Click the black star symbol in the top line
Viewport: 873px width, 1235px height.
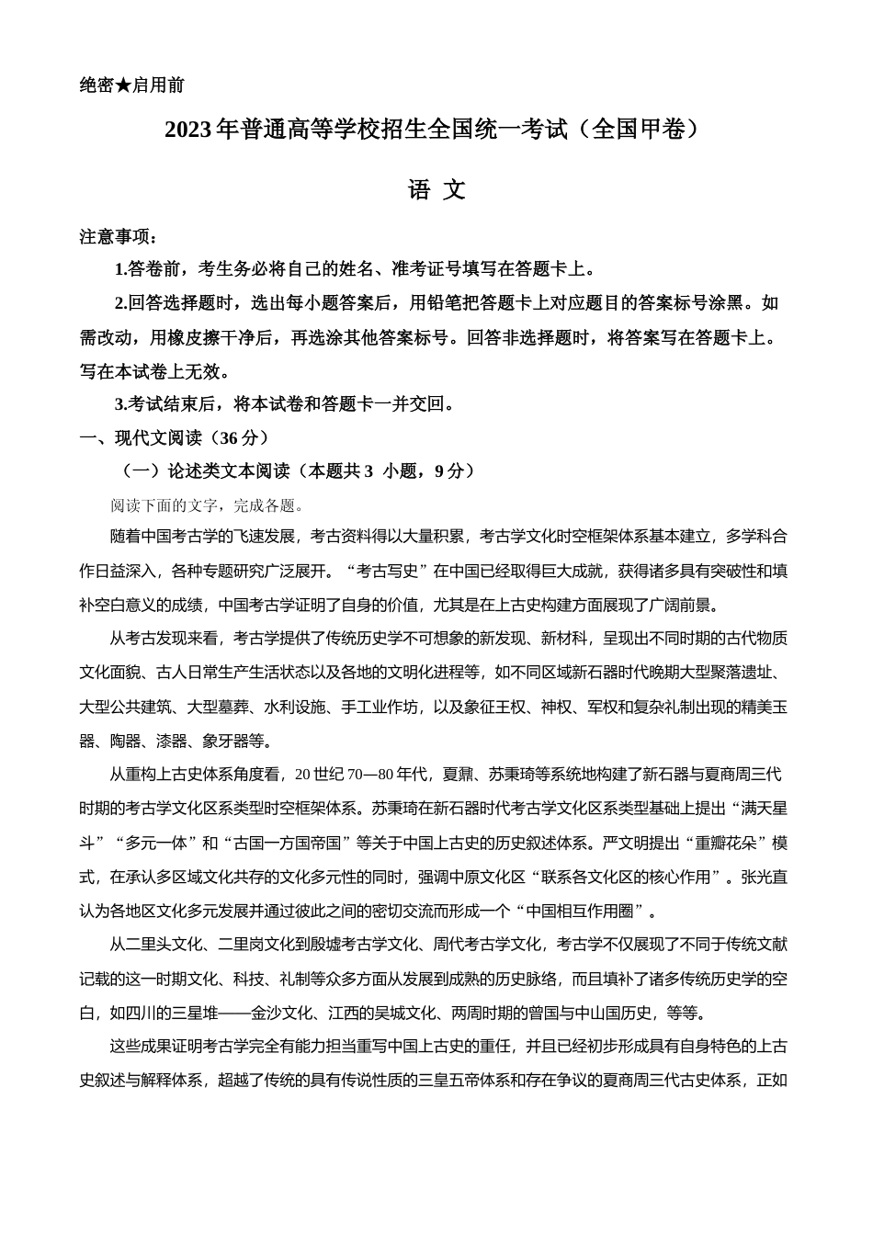[x=123, y=85]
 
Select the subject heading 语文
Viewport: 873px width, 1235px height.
[x=436, y=190]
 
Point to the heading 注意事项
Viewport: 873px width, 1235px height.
[x=119, y=237]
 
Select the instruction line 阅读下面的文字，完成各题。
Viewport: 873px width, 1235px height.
[x=208, y=505]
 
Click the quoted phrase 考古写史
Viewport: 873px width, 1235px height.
[x=387, y=571]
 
